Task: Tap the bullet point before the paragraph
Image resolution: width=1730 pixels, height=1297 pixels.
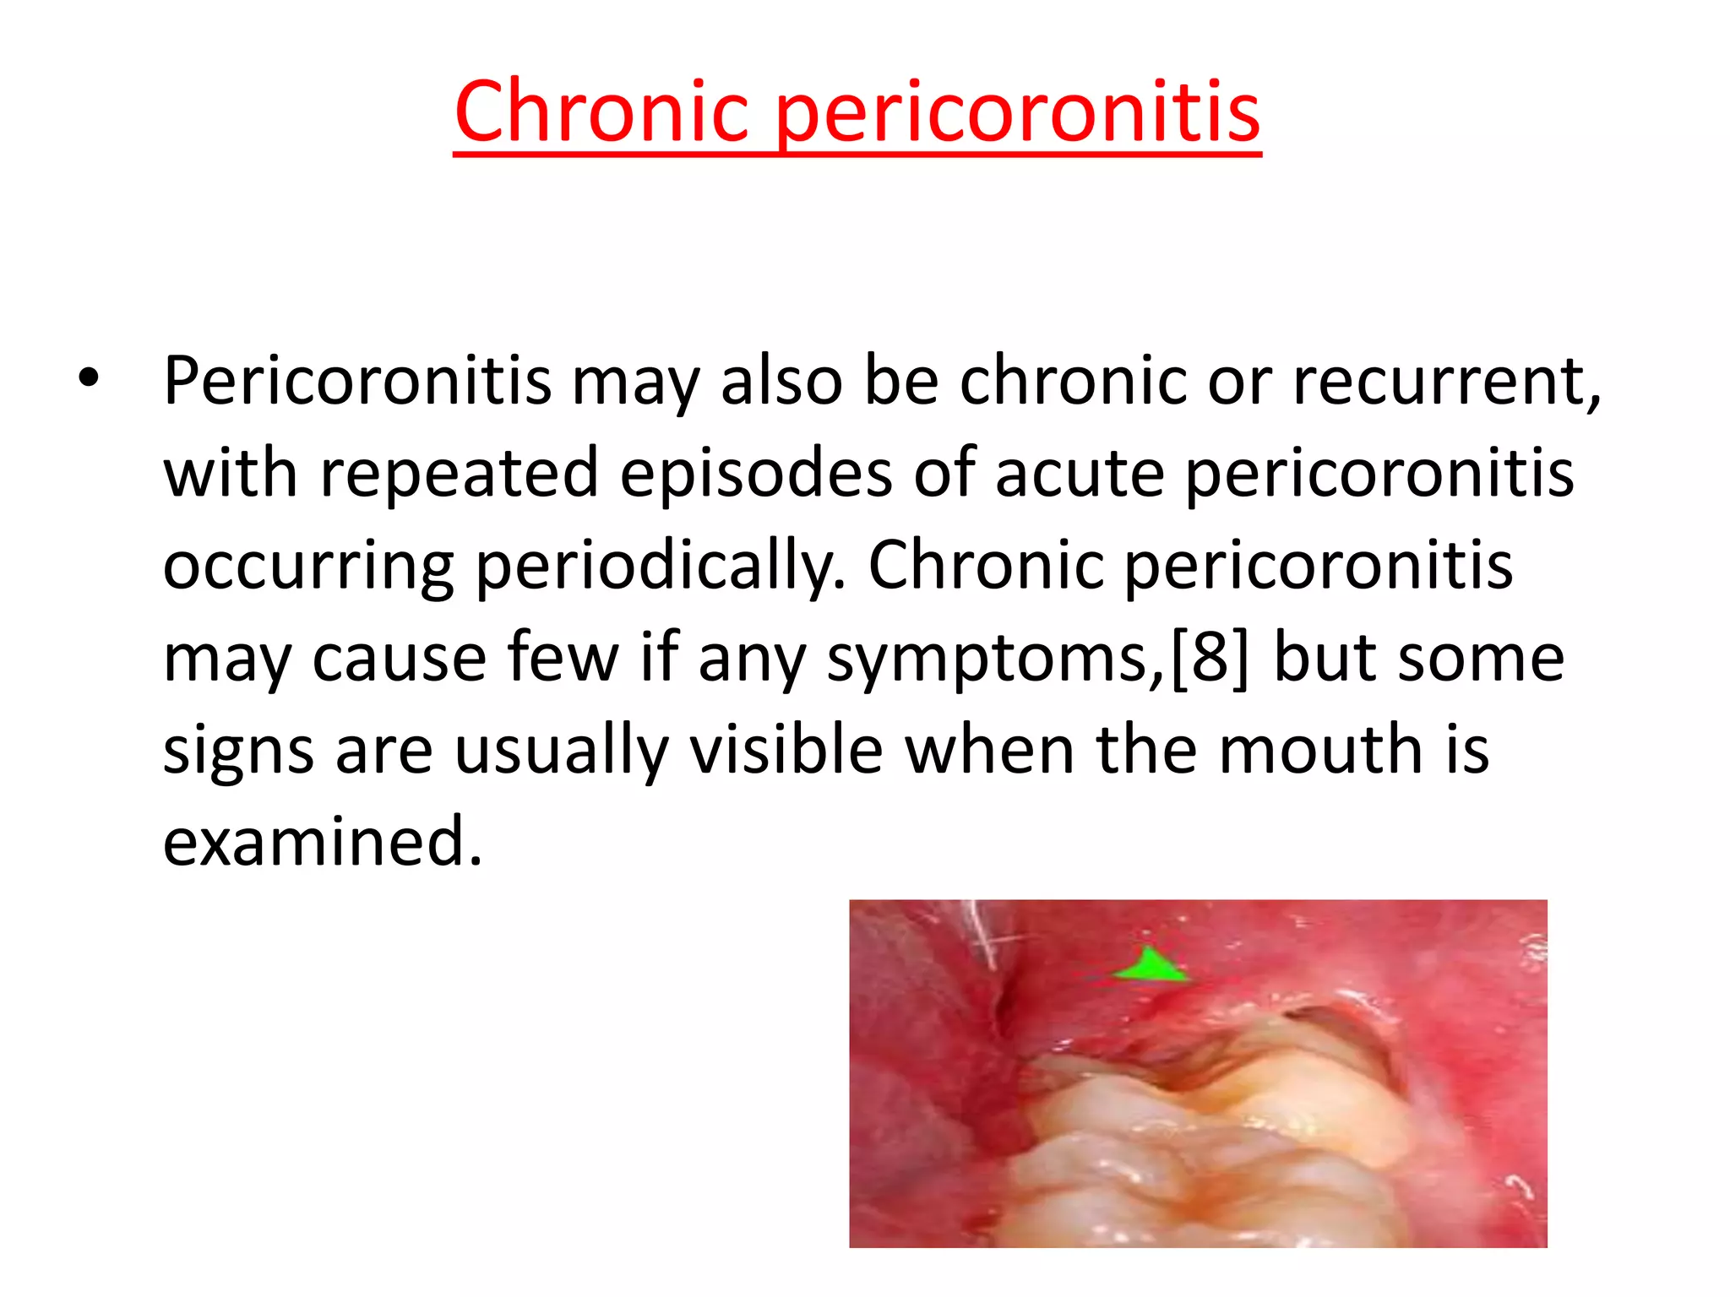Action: (x=88, y=379)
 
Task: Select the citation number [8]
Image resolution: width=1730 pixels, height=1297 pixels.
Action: (x=1209, y=658)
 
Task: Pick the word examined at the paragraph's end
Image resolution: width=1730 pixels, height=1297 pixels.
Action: (x=323, y=842)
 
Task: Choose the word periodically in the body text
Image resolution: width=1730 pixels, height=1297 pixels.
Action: (x=660, y=567)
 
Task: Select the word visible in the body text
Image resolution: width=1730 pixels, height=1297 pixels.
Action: (x=786, y=750)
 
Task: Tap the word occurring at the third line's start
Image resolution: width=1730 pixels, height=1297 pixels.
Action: (x=309, y=567)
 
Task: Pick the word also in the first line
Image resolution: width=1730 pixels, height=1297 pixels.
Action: (x=781, y=381)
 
